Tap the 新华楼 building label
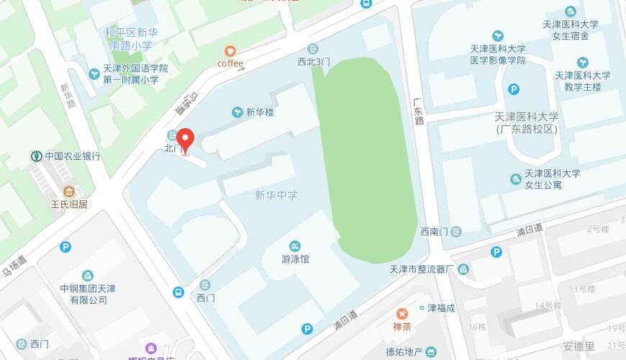pyautogui.click(x=260, y=112)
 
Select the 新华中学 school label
pyautogui.click(x=276, y=195)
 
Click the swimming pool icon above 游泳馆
pyautogui.click(x=295, y=246)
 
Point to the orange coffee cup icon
pyautogui.click(x=230, y=50)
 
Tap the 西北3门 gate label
pyautogui.click(x=313, y=62)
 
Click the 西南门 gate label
pyautogui.click(x=435, y=232)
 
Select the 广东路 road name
pyautogui.click(x=419, y=112)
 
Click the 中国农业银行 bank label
pyautogui.click(x=73, y=156)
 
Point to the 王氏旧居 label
pyautogui.click(x=69, y=204)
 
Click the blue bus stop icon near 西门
pyautogui.click(x=178, y=292)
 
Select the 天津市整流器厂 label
pyautogui.click(x=419, y=269)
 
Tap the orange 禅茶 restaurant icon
pyautogui.click(x=402, y=314)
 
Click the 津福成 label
pyautogui.click(x=442, y=308)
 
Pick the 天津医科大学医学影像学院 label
pyautogui.click(x=498, y=54)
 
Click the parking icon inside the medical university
pyautogui.click(x=514, y=89)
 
